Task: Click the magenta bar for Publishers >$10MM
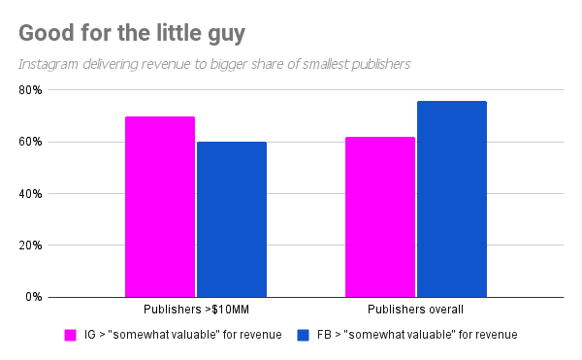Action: (x=160, y=207)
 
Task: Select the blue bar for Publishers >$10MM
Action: (x=232, y=219)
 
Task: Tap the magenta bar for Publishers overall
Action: (x=380, y=216)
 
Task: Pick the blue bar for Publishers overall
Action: (x=452, y=199)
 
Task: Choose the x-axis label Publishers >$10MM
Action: (x=195, y=311)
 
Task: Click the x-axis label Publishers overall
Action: (x=415, y=311)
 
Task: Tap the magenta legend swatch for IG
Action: (x=71, y=335)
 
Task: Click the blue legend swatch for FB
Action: (x=304, y=335)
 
